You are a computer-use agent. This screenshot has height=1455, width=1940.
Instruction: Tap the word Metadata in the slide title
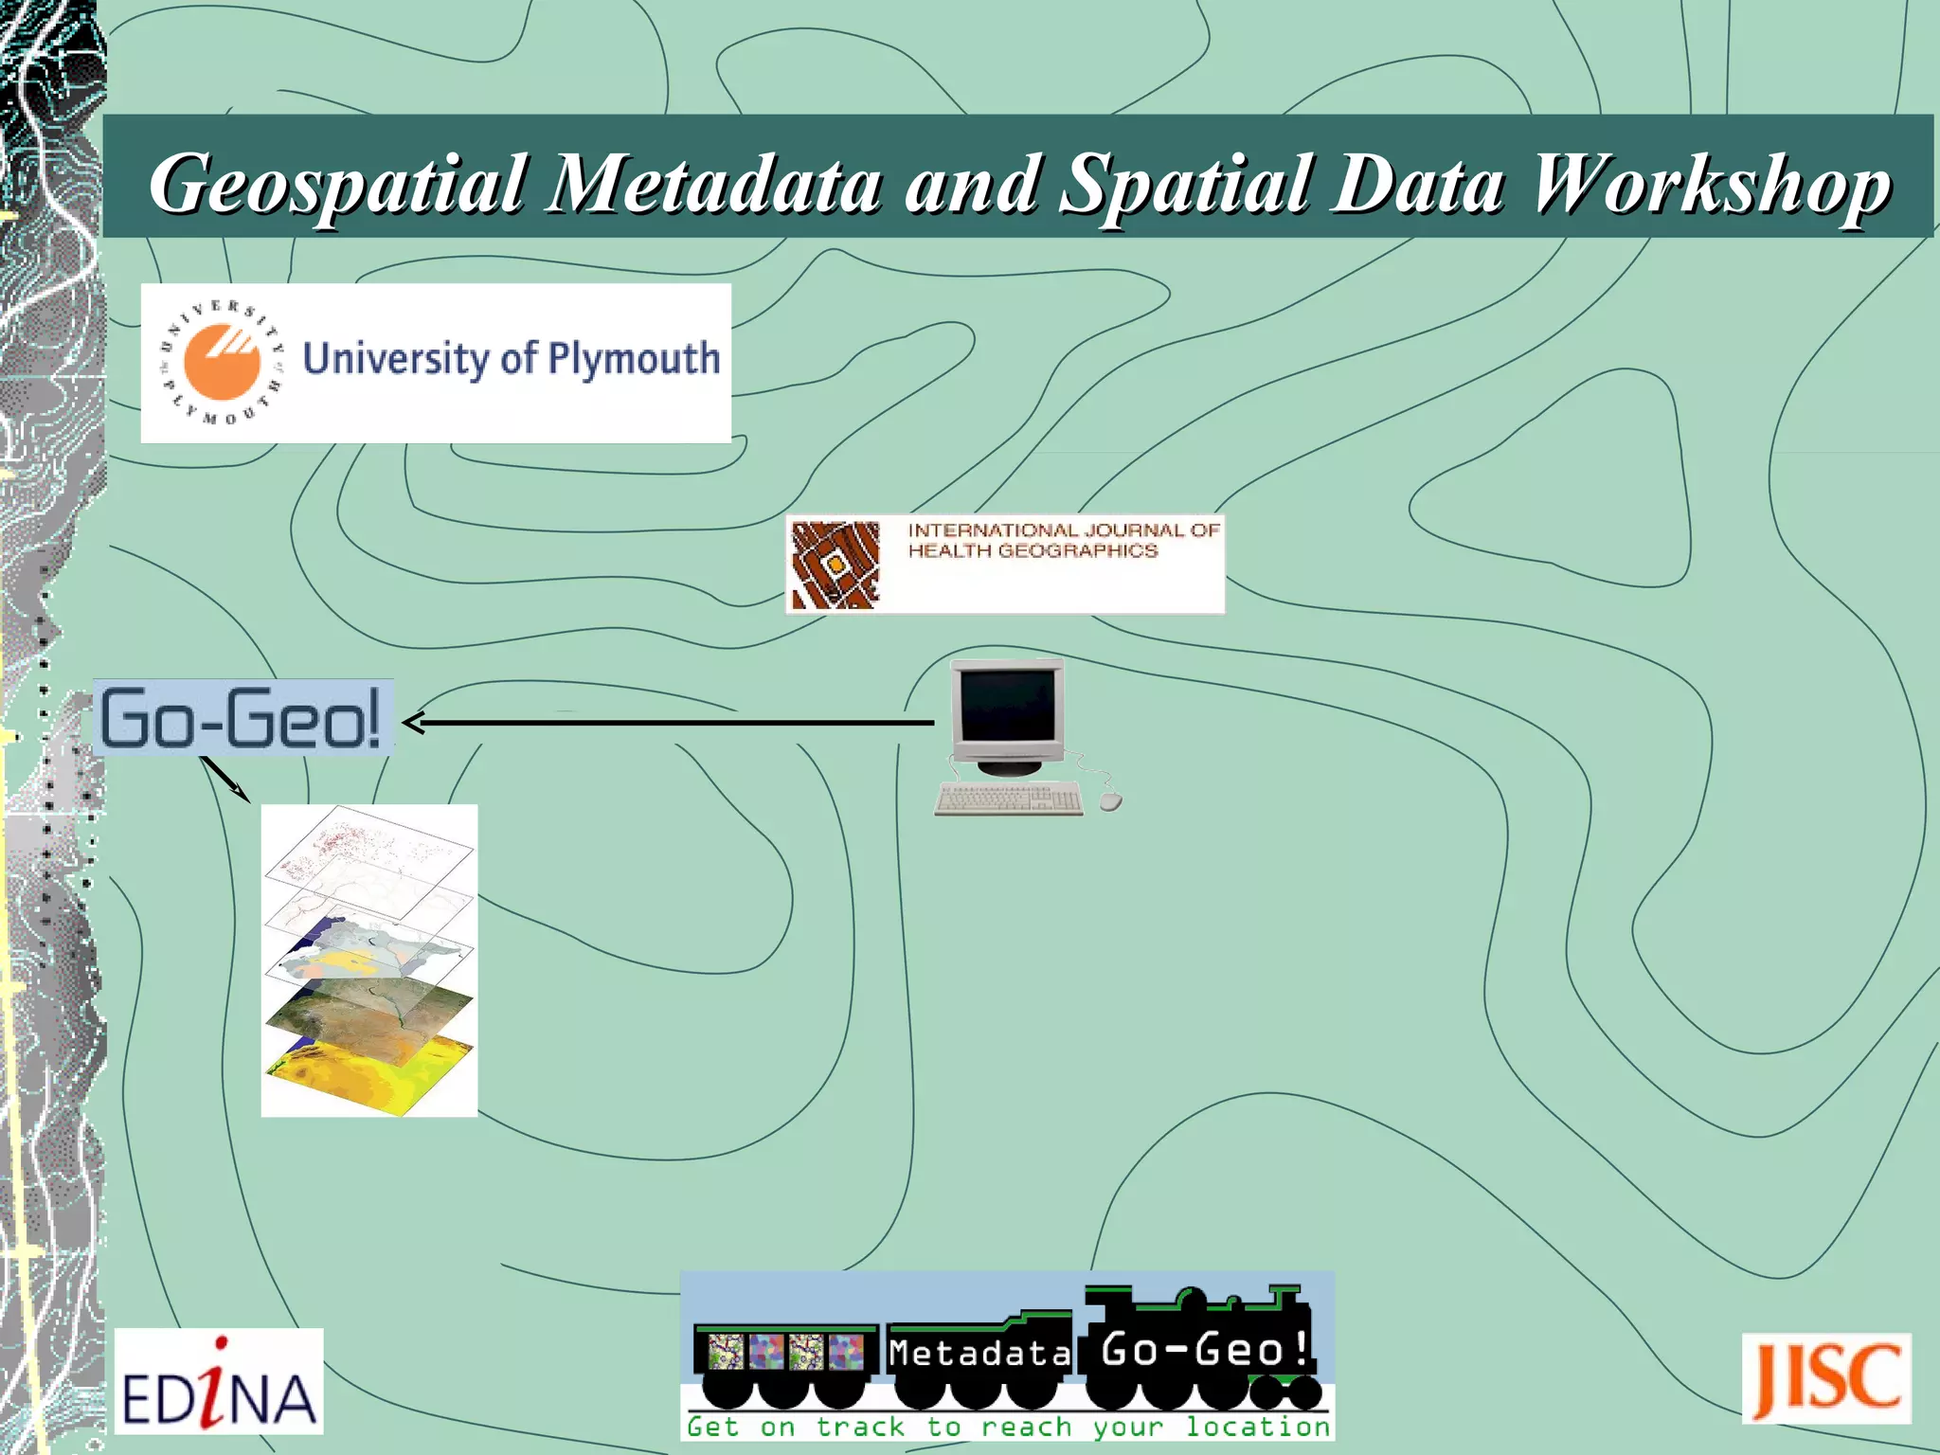point(716,184)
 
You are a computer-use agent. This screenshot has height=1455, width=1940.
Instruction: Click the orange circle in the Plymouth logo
point(222,361)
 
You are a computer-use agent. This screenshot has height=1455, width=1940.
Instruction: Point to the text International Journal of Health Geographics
point(1062,541)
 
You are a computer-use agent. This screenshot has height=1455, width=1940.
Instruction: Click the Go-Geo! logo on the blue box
point(242,718)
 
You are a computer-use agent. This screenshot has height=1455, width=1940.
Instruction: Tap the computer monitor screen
point(1008,706)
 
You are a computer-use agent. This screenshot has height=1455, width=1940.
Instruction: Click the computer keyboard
point(1008,799)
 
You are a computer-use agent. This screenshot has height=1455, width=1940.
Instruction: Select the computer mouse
point(1111,802)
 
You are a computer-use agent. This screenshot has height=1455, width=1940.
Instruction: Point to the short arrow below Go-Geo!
point(225,780)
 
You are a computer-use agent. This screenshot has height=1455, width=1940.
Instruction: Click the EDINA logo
point(219,1381)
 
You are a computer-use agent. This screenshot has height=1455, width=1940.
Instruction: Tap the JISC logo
point(1826,1379)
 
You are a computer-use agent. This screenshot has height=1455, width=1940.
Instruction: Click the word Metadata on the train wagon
point(979,1353)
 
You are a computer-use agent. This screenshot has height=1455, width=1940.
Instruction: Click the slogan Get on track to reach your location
point(1008,1427)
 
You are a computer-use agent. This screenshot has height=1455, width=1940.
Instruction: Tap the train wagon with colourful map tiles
point(786,1352)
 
